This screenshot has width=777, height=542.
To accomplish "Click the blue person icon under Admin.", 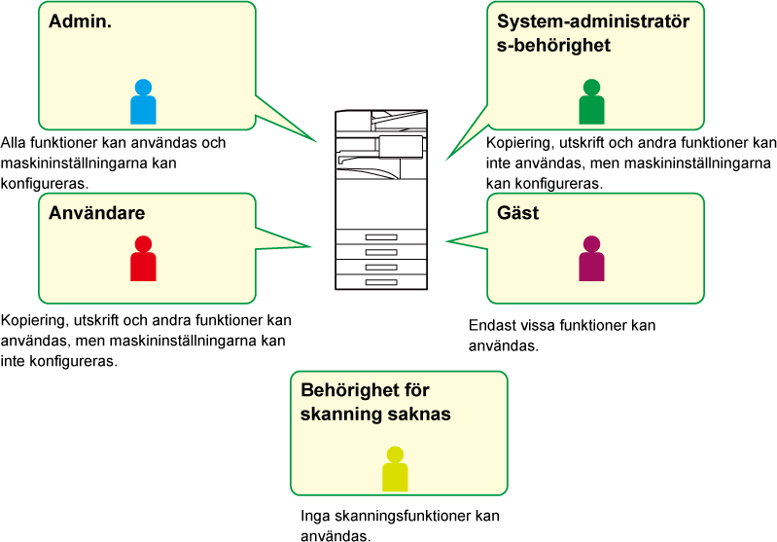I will tap(143, 102).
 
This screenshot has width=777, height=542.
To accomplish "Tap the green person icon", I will tap(591, 102).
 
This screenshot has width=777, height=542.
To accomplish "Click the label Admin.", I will tap(81, 22).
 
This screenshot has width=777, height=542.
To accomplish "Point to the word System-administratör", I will tap(593, 22).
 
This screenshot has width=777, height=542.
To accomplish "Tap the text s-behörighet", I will tap(553, 45).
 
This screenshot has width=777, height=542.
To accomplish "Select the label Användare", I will tap(97, 213).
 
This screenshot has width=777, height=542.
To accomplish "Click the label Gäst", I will tap(517, 213).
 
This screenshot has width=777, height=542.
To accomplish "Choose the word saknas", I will tap(423, 414).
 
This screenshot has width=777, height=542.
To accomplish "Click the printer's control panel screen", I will tap(401, 146).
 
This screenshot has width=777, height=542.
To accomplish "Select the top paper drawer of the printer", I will tap(380, 237).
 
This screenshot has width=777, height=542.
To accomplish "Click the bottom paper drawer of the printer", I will tap(380, 281).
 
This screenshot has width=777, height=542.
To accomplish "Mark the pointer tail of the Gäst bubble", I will tap(467, 238).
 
